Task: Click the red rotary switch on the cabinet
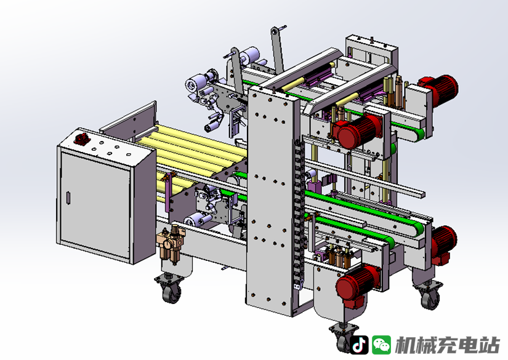[79, 138]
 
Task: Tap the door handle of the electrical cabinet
[68, 198]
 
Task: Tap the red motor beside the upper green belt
[357, 130]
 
